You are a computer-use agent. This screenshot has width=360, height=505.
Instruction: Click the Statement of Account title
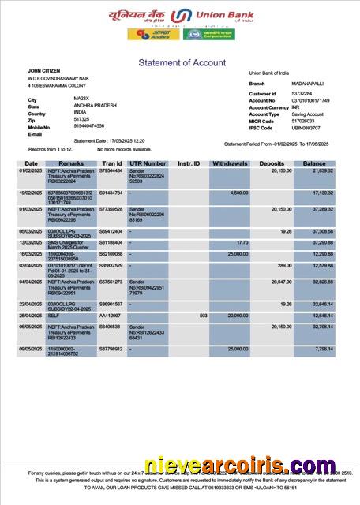click(x=182, y=62)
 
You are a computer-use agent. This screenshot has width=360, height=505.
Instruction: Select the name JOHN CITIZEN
click(x=44, y=71)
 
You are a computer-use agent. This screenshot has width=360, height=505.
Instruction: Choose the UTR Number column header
click(x=147, y=163)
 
